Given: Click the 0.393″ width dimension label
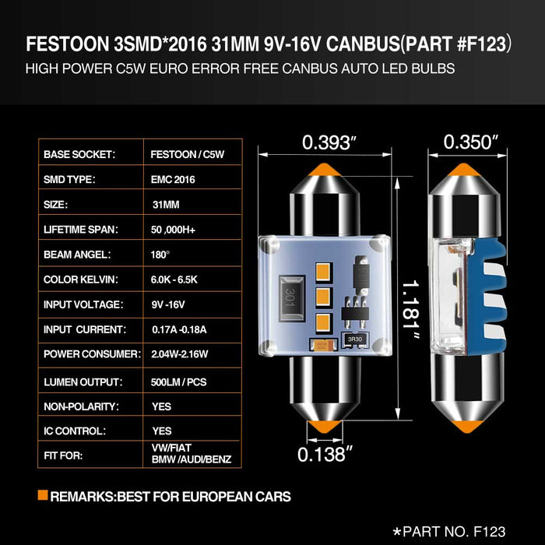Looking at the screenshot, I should (329, 142).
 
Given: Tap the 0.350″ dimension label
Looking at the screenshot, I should (470, 142).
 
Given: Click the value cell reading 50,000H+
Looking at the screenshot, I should (178, 230).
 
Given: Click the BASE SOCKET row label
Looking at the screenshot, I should (79, 155).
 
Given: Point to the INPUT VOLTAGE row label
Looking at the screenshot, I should (85, 304).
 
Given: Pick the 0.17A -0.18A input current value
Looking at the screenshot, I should (178, 330).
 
